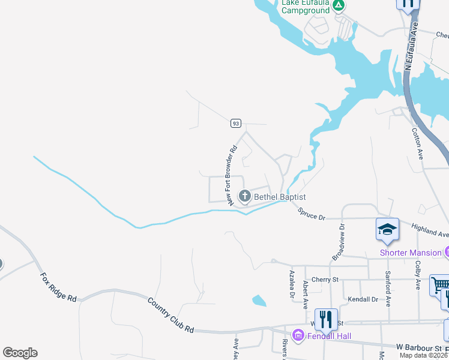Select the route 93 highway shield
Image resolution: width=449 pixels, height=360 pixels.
pyautogui.click(x=235, y=124)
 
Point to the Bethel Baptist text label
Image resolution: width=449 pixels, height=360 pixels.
pyautogui.click(x=280, y=197)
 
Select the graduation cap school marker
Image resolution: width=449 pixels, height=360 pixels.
pyautogui.click(x=387, y=230)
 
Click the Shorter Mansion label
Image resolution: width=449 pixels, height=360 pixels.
pyautogui.click(x=411, y=253)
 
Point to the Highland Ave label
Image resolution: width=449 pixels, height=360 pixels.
pyautogui.click(x=430, y=230)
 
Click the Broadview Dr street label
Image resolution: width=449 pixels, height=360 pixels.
pyautogui.click(x=337, y=242)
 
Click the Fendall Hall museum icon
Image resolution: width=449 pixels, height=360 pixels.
pyautogui.click(x=297, y=335)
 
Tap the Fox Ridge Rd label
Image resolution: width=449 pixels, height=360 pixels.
pyautogui.click(x=58, y=288)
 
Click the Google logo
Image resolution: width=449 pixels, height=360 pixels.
pyautogui.click(x=20, y=352)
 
